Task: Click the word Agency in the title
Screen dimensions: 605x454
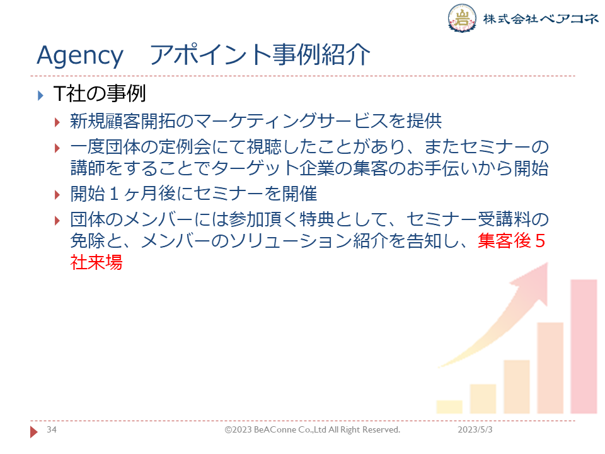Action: [x=80, y=56]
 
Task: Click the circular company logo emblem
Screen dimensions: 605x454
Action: [x=462, y=18]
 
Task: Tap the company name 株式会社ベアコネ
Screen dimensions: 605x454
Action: [x=541, y=18]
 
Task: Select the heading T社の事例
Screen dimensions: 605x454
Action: [x=100, y=94]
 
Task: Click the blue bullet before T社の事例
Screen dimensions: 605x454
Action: [x=40, y=95]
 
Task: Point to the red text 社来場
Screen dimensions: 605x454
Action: [x=96, y=262]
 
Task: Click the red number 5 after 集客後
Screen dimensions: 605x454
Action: [x=540, y=241]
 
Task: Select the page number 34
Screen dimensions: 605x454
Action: [x=52, y=429]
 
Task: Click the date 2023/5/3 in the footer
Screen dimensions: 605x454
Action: [x=475, y=429]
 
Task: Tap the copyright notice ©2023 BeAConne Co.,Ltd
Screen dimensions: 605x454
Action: [x=312, y=429]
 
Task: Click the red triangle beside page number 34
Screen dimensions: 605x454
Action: [x=34, y=432]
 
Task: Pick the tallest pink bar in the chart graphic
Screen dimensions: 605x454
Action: [x=584, y=346]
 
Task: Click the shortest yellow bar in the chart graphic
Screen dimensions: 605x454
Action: [x=449, y=407]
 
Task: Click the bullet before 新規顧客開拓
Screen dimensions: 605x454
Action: [x=57, y=123]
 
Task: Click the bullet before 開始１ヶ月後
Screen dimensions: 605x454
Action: [x=57, y=195]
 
